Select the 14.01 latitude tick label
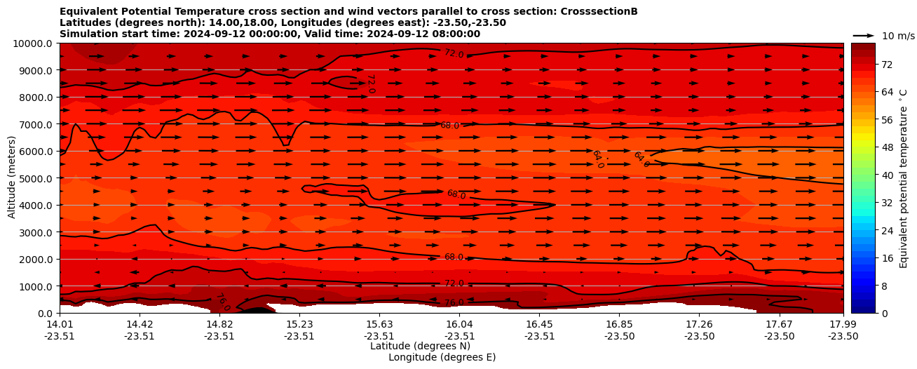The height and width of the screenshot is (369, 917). coord(60,324)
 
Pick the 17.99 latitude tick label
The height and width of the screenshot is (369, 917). coord(843,324)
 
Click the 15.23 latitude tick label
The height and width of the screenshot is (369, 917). coord(299,324)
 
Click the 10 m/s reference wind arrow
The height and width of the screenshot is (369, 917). coord(864,35)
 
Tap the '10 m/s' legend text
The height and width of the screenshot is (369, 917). coord(898,36)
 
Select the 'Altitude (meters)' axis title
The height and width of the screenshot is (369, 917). coord(12,178)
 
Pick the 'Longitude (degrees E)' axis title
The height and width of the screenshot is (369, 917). coord(442,357)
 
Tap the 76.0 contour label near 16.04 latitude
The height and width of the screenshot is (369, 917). coord(454,303)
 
